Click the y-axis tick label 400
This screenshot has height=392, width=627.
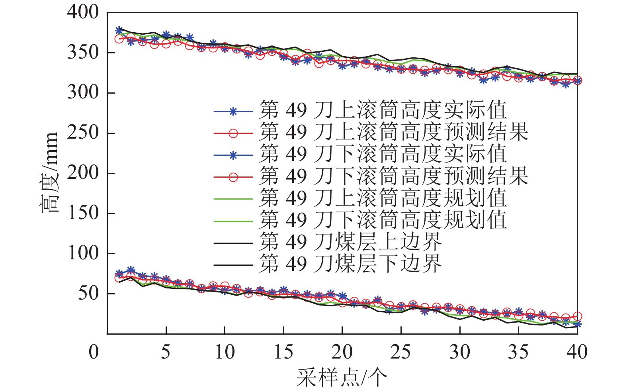82,12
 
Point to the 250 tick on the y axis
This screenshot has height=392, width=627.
82,133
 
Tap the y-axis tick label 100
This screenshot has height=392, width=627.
82,253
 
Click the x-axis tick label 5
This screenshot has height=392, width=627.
166,352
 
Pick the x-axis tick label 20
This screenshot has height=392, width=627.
342,352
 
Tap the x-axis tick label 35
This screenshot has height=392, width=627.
518,352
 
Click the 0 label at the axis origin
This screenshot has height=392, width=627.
94,352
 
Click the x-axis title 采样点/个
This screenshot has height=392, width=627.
342,377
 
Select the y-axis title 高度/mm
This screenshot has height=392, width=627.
51,172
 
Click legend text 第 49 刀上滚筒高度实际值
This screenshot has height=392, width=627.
383,110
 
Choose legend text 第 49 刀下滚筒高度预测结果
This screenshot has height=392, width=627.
394,176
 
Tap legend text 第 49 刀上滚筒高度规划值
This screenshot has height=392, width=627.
383,198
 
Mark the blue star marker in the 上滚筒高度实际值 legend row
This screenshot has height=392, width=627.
233,112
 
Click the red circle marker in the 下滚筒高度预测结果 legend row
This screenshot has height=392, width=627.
233,177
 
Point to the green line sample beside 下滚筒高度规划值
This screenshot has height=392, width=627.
233,221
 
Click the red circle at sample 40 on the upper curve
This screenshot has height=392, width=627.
577,80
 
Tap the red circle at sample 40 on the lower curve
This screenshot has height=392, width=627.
577,316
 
